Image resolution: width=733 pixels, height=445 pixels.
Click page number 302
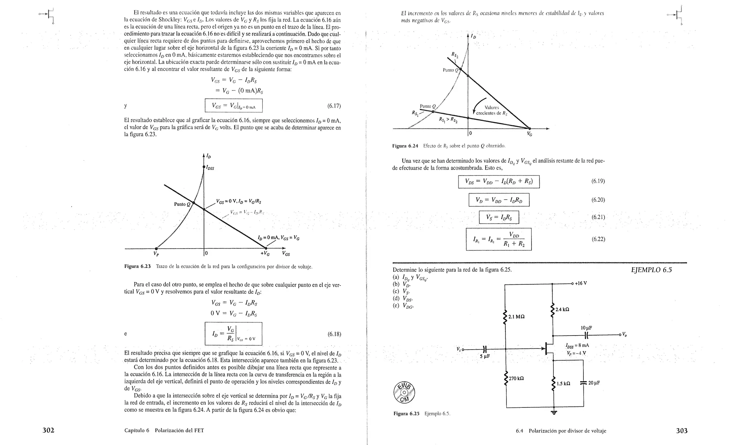coord(48,430)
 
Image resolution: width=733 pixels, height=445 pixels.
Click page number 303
coord(681,431)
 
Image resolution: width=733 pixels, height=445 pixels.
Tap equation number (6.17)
coord(334,106)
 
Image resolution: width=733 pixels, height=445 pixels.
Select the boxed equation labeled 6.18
coord(233,334)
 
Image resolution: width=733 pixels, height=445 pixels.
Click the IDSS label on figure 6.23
coord(210,167)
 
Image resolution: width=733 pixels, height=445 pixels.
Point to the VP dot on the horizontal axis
coord(156,248)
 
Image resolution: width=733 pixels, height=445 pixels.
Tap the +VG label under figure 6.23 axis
coord(265,254)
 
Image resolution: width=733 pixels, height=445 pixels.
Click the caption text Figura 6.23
coord(137,266)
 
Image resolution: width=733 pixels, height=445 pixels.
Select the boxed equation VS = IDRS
coord(499,217)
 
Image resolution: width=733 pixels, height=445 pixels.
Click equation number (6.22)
coord(598,239)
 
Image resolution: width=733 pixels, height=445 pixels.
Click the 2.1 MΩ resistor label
coord(516,317)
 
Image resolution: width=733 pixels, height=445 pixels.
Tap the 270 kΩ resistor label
coord(516,378)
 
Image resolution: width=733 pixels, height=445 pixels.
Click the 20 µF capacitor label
coord(594,383)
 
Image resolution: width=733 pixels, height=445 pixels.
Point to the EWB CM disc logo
coord(404,392)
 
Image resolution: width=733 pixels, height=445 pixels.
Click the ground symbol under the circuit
coord(554,412)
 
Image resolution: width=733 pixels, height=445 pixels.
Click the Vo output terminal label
coord(624,334)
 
